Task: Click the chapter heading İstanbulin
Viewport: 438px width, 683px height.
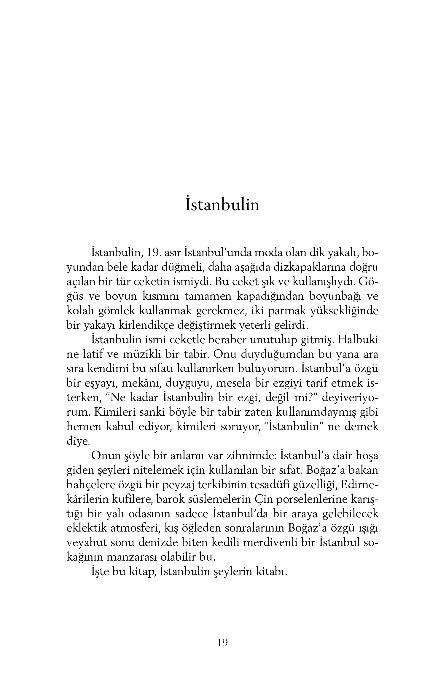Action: click(222, 205)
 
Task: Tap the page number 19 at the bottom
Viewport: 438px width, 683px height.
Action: click(222, 643)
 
